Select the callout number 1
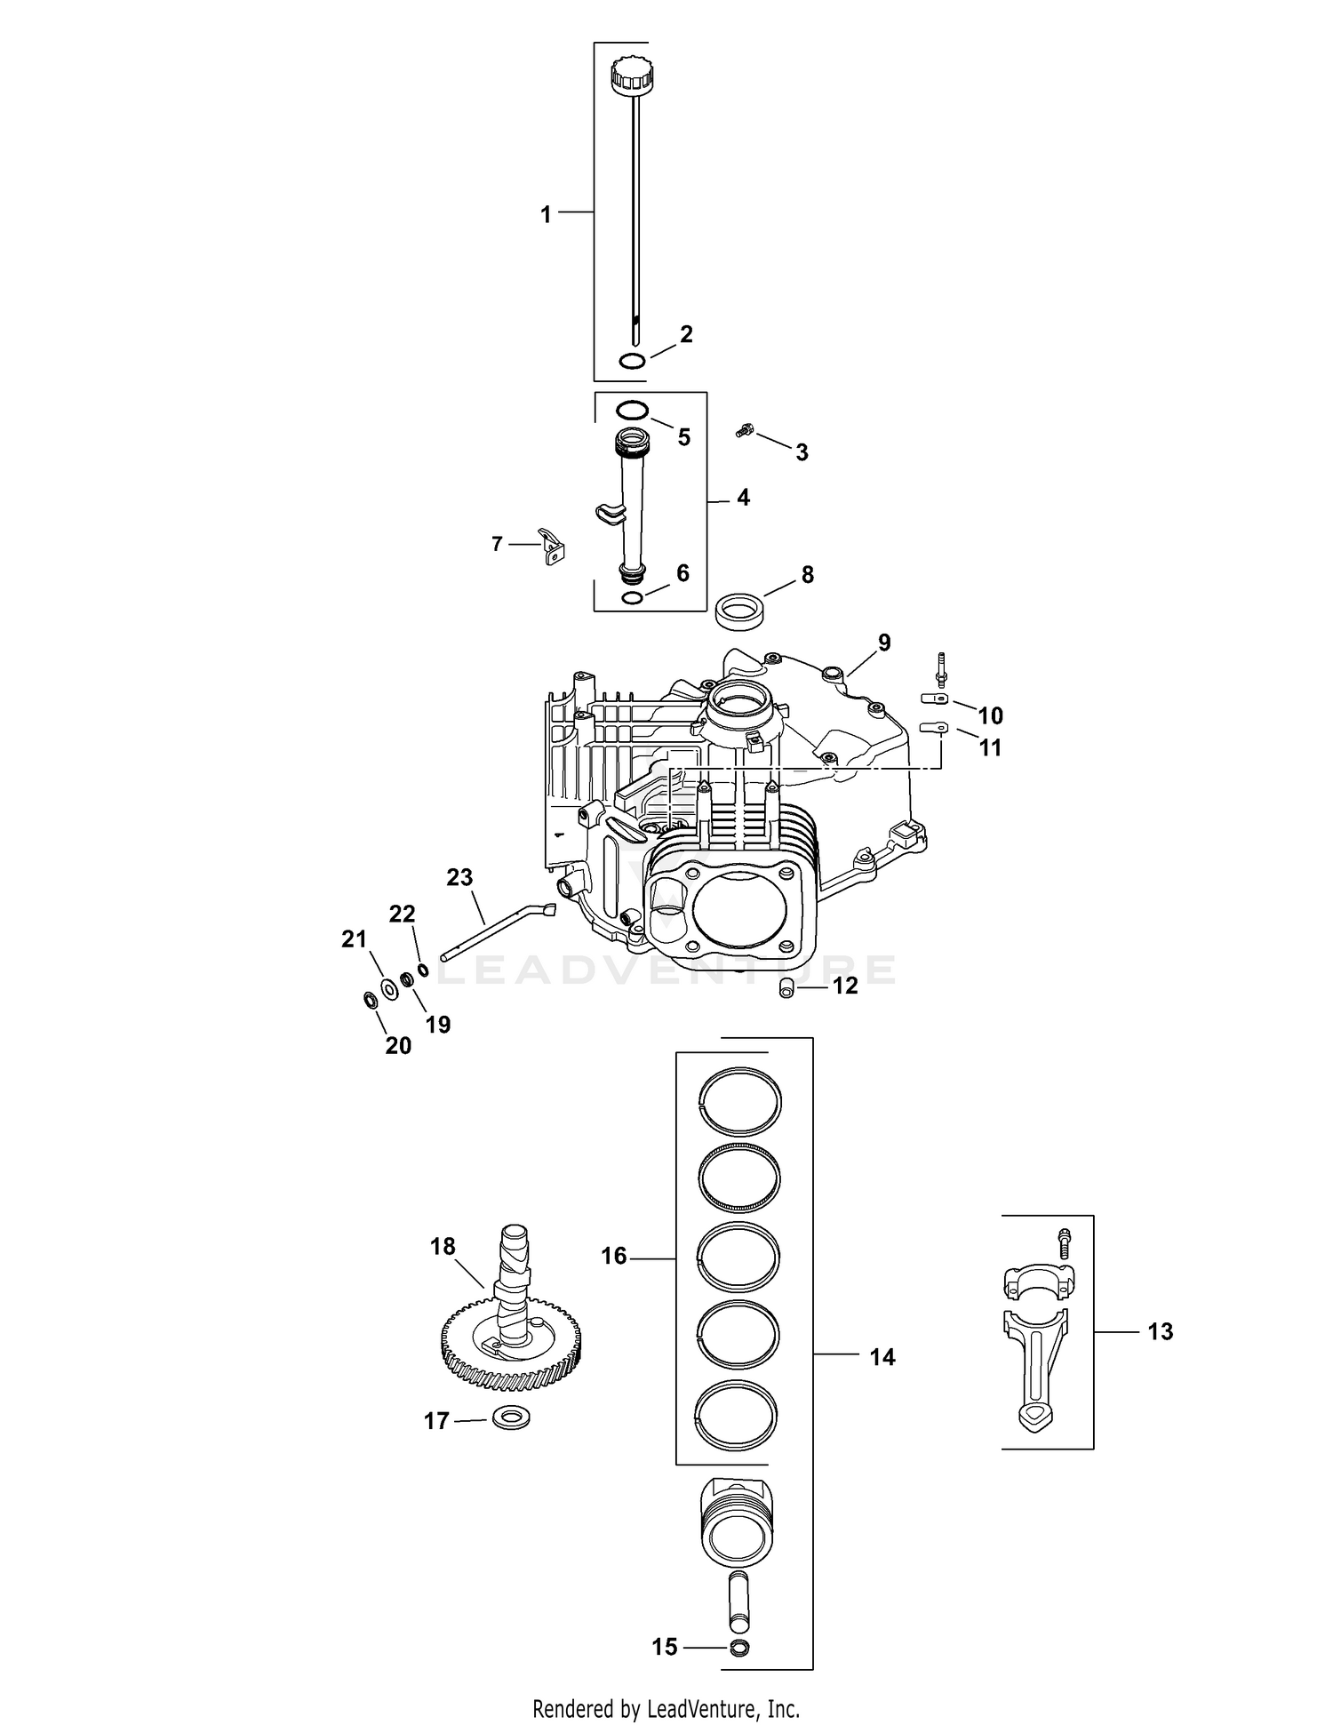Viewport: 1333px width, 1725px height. [x=546, y=214]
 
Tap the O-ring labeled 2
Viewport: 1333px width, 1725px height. [x=632, y=361]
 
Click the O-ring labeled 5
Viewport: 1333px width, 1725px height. [x=632, y=411]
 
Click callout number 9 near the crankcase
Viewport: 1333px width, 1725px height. [x=883, y=643]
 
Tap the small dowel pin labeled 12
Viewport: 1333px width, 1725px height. [x=786, y=987]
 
